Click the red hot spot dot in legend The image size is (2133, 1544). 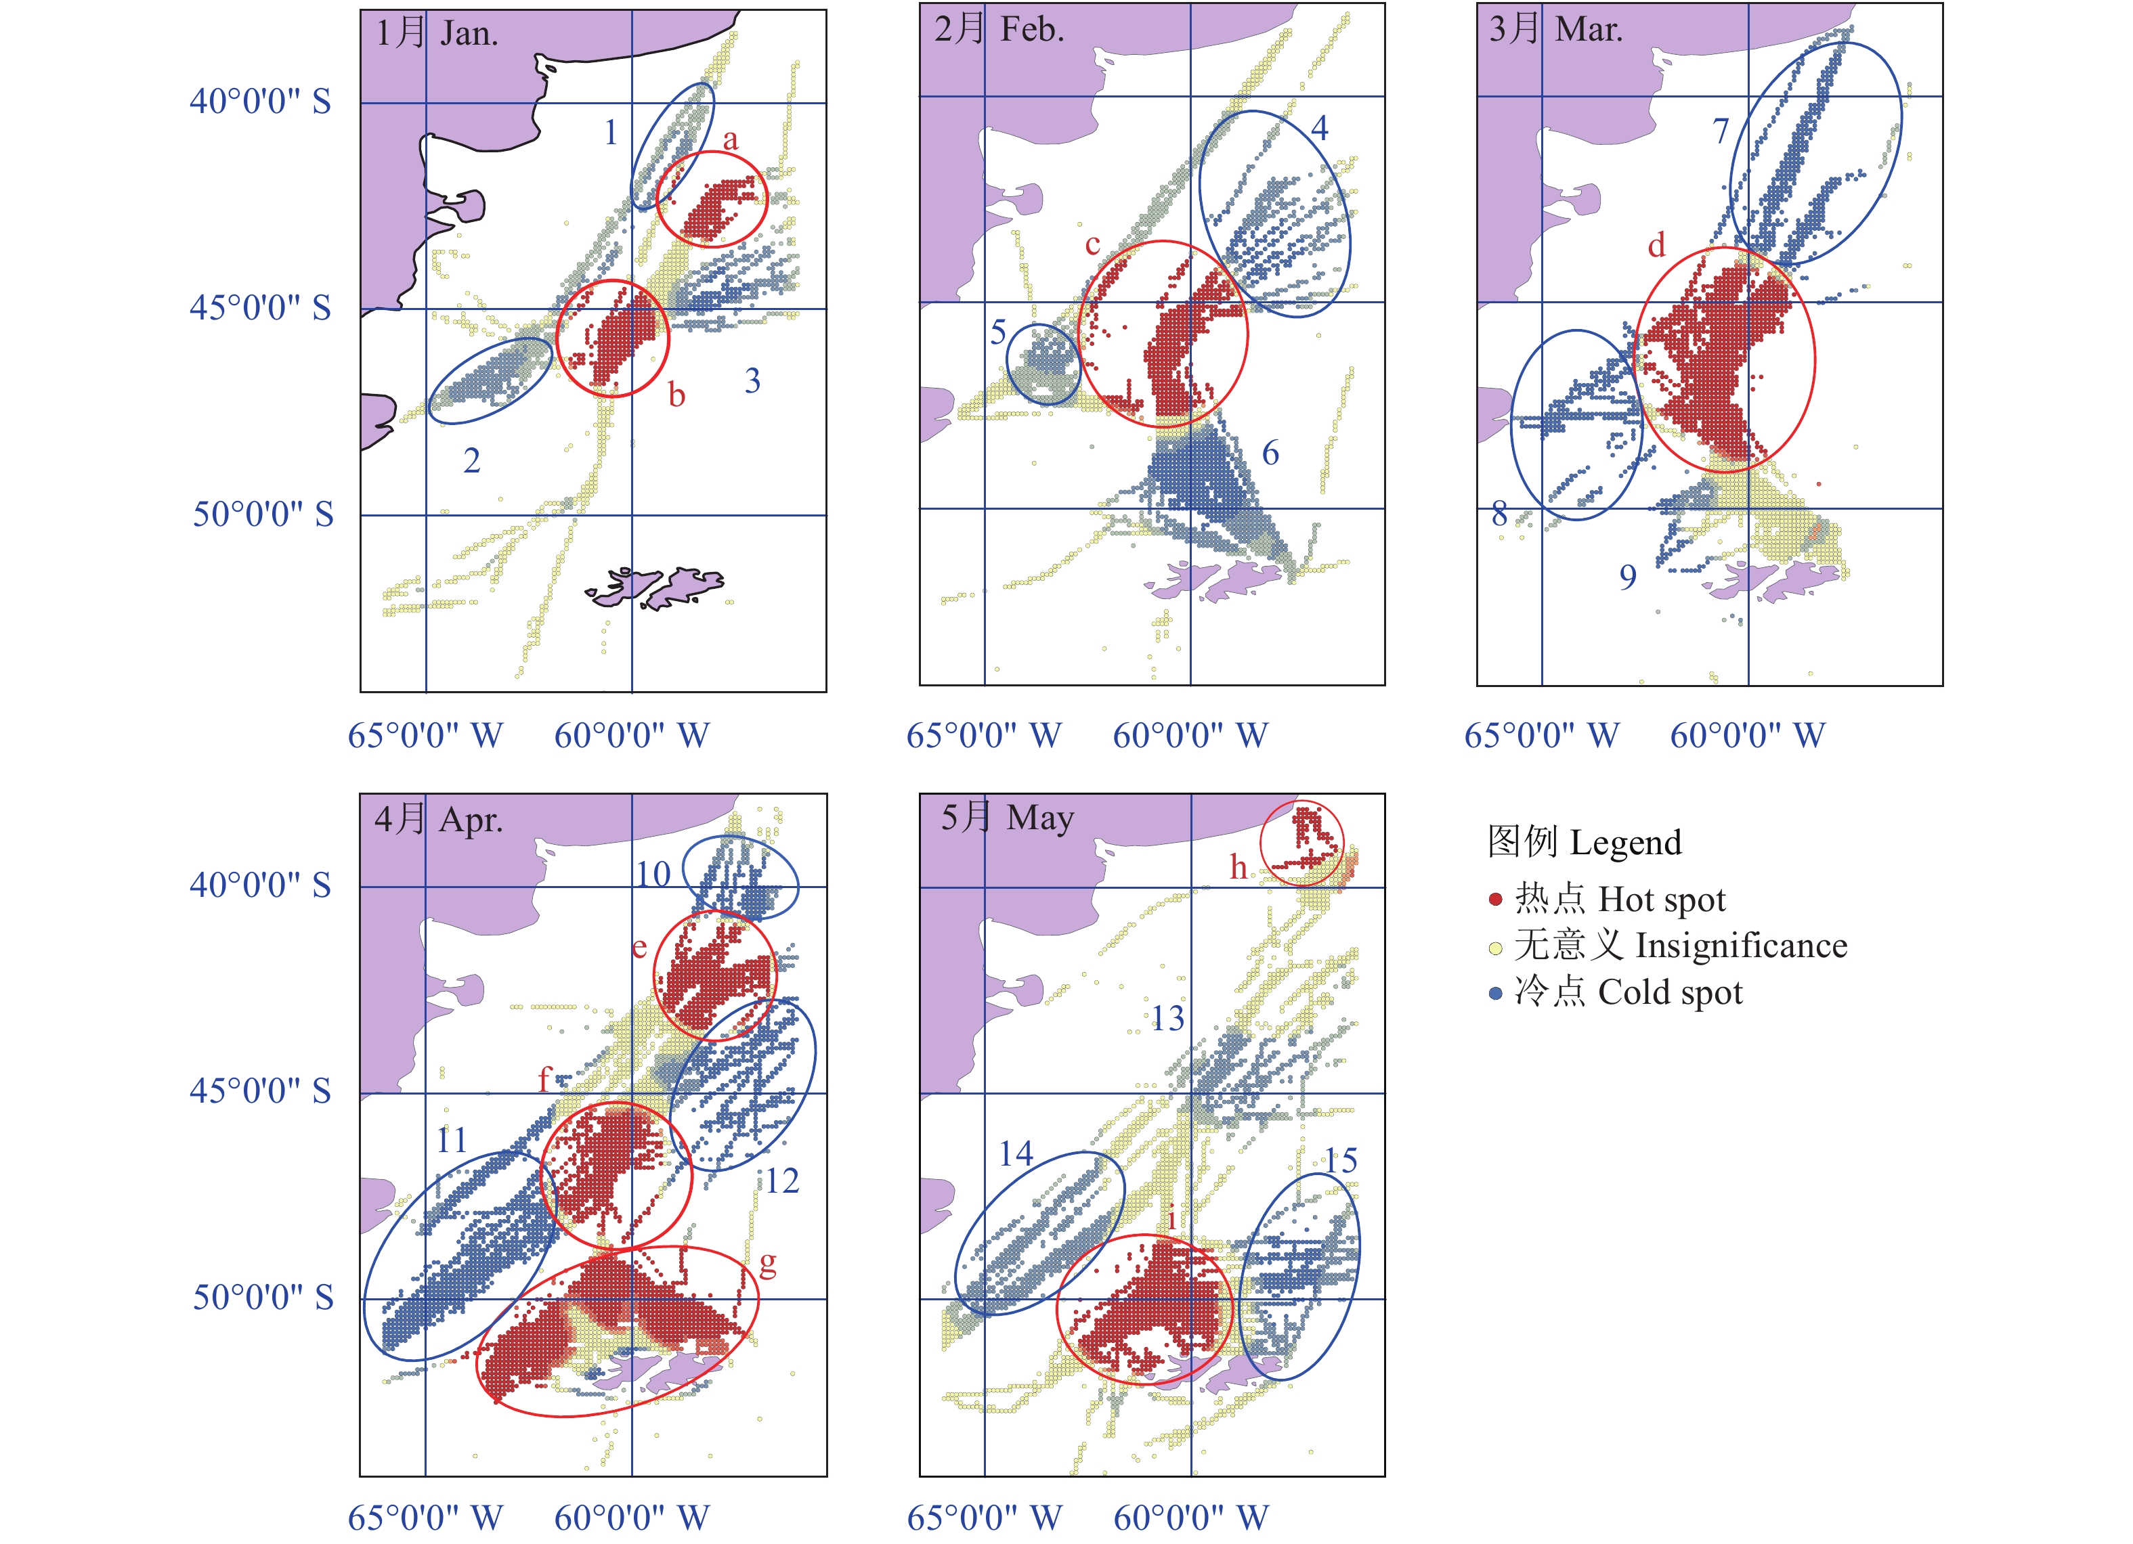tap(1495, 900)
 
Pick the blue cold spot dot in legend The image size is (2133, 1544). tap(1495, 993)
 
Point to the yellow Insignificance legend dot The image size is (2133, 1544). tap(1495, 947)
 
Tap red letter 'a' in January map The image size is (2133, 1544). tap(731, 140)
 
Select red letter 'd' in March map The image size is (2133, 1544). tap(1656, 246)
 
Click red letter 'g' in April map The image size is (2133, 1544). tap(767, 1264)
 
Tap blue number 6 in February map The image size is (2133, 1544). tap(1270, 454)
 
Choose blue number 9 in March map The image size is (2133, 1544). tap(1627, 577)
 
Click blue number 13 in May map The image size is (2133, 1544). tap(1168, 1018)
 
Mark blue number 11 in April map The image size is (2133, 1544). tap(452, 1141)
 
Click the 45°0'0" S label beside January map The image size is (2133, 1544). tap(261, 309)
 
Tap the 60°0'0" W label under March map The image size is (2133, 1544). tap(1748, 735)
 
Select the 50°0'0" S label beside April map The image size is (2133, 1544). tap(263, 1298)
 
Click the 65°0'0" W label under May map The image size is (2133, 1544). tap(984, 1518)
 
